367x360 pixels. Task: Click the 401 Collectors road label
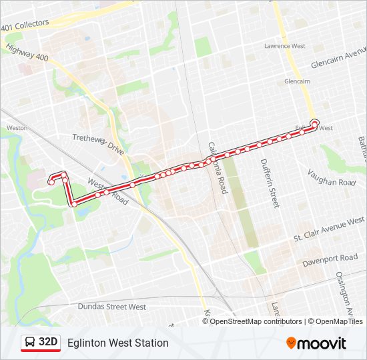click(25, 25)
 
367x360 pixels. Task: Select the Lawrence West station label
click(284, 46)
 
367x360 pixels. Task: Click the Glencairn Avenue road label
click(338, 59)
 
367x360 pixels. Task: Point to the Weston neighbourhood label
click(16, 127)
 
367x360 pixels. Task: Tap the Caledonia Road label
click(218, 167)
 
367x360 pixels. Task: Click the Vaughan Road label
click(332, 177)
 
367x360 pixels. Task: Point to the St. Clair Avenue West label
click(330, 229)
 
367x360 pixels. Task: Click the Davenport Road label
click(330, 258)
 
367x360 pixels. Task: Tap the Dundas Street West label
click(111, 307)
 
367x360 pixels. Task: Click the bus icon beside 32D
click(30, 343)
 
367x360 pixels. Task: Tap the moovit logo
click(316, 343)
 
